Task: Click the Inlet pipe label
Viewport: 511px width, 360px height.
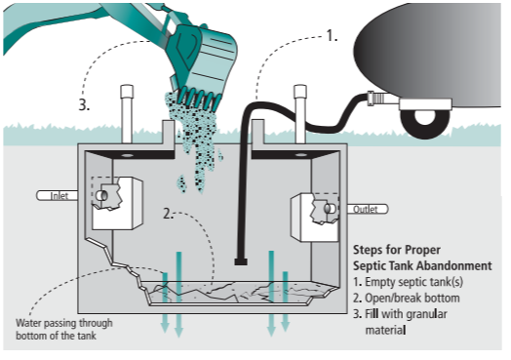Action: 59,196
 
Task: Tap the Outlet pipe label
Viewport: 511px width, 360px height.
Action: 366,209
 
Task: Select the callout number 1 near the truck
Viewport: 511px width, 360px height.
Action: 332,35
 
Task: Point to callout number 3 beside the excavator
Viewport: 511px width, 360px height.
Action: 84,105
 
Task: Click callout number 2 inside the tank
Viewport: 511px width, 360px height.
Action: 168,214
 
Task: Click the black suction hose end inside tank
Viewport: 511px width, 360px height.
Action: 241,261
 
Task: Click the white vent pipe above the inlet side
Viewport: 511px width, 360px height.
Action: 127,114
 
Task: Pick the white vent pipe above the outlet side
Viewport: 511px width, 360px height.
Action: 299,114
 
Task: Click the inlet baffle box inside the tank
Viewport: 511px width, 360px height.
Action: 117,203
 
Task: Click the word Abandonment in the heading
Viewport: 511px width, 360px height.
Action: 454,265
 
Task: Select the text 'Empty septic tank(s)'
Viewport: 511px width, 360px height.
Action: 413,282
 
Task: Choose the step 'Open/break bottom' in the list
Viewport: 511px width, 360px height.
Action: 413,298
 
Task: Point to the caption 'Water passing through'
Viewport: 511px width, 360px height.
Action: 64,323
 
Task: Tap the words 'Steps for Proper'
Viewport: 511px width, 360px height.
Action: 397,250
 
